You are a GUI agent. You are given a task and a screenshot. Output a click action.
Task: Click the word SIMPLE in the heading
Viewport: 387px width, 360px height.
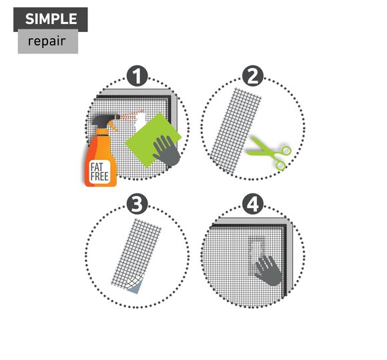(51, 19)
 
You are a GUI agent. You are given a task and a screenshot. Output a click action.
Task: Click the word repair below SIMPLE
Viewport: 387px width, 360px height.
(47, 41)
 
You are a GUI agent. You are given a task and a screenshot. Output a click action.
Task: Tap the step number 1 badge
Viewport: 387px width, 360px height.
(137, 76)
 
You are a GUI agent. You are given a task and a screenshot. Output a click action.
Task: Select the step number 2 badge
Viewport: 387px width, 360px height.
(253, 76)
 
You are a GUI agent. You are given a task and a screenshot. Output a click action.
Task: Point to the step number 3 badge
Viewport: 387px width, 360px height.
(137, 204)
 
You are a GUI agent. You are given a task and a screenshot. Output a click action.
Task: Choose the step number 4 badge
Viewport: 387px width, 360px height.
(253, 204)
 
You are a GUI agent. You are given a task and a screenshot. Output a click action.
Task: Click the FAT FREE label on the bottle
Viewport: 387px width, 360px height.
(99, 172)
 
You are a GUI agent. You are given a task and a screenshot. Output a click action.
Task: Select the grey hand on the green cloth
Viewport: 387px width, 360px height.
(167, 151)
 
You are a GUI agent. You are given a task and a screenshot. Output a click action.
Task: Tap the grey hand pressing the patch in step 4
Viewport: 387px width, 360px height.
(268, 271)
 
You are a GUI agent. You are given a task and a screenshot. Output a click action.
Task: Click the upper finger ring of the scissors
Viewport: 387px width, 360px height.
(286, 151)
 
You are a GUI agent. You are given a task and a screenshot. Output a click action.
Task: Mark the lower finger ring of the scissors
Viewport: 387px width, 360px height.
(281, 166)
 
